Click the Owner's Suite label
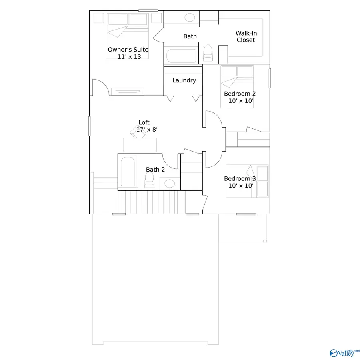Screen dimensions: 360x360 click(x=128, y=50)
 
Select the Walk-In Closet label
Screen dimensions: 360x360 click(x=246, y=37)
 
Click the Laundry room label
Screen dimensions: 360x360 click(x=184, y=80)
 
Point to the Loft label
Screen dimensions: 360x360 click(x=144, y=122)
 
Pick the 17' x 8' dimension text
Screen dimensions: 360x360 click(x=147, y=129)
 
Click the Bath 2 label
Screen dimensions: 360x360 click(x=155, y=170)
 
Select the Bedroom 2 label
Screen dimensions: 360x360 click(x=240, y=94)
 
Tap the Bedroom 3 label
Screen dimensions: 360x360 click(x=240, y=178)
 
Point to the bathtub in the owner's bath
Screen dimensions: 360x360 click(x=182, y=56)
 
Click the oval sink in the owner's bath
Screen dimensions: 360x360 click(x=190, y=18)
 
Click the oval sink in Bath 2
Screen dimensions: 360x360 click(x=170, y=184)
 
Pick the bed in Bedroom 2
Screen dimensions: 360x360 click(x=237, y=86)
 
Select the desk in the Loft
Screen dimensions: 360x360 click(x=140, y=144)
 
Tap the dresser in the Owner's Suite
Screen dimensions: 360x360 click(x=128, y=92)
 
